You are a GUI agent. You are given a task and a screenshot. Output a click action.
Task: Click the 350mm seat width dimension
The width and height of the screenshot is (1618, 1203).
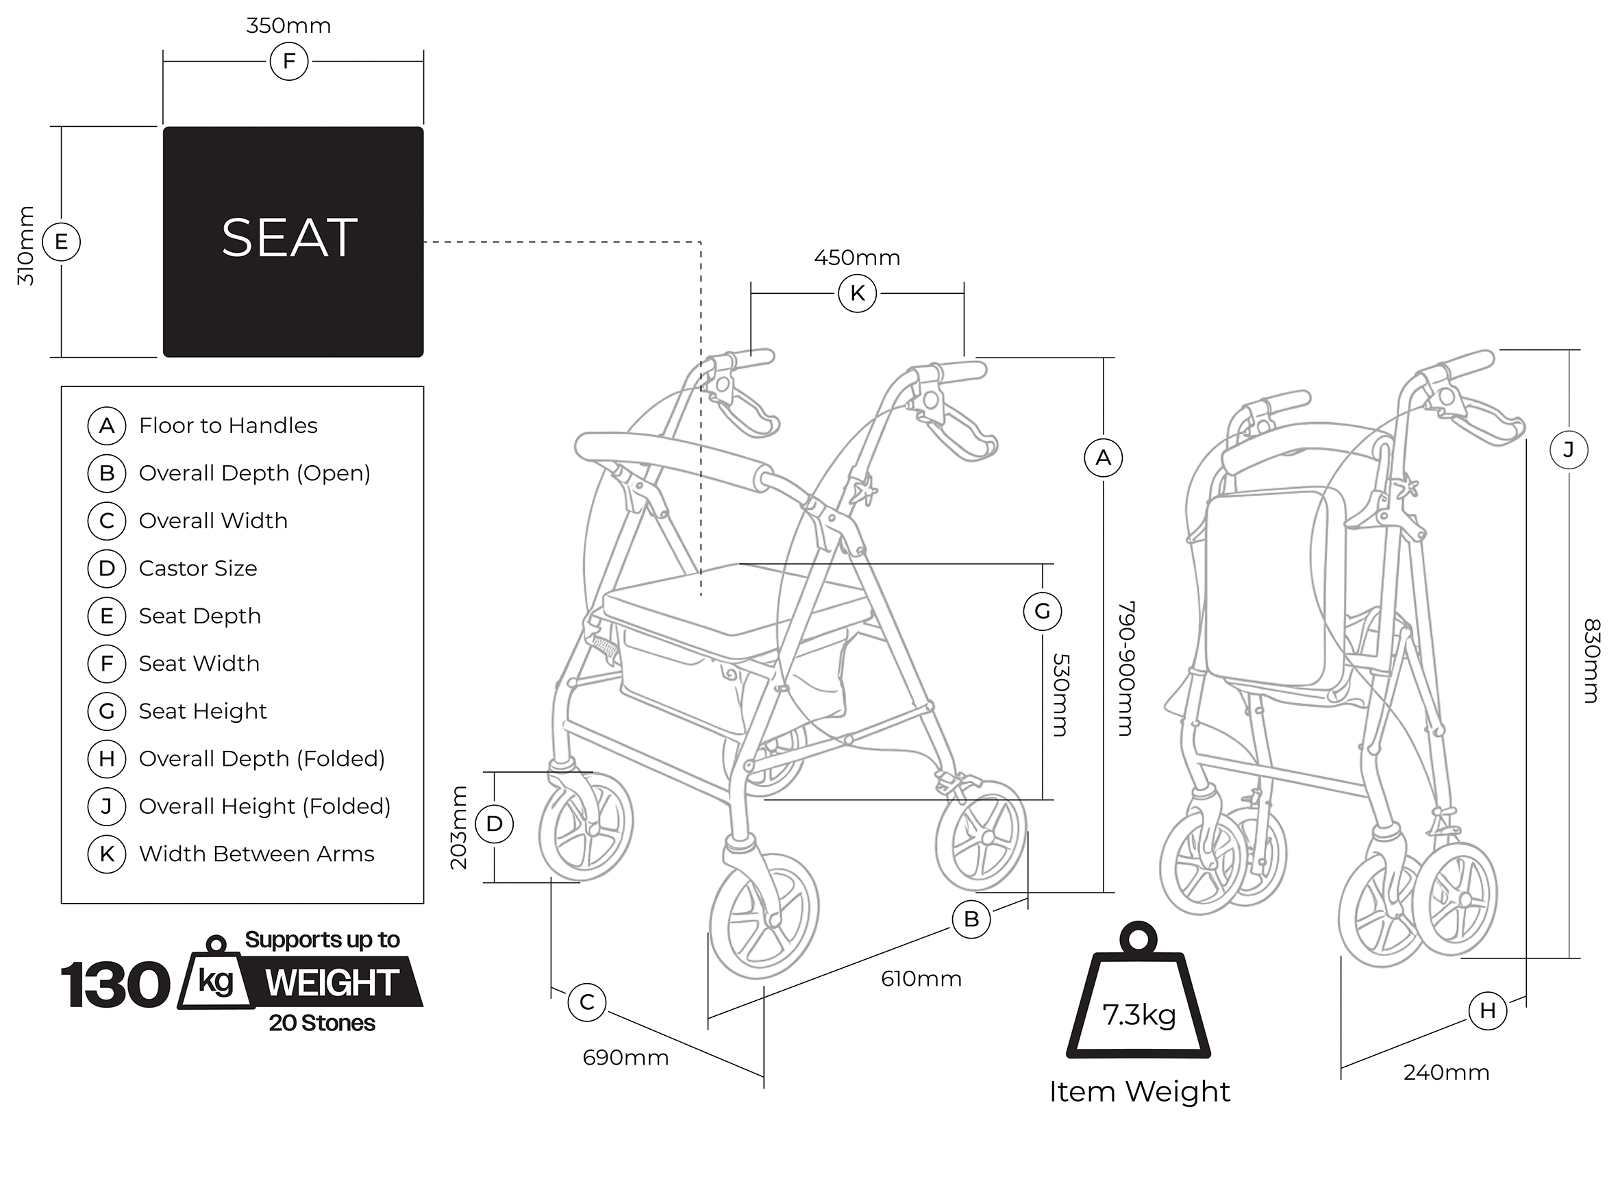288,26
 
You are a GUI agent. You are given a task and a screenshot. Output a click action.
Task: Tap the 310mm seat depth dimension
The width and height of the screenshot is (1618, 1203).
26,245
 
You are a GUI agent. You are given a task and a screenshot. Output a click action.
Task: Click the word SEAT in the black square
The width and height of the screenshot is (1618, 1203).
289,238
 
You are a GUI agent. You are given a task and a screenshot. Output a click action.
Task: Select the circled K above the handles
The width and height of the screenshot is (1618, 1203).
857,293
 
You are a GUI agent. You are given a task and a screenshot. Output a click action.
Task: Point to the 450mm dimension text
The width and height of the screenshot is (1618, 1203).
857,258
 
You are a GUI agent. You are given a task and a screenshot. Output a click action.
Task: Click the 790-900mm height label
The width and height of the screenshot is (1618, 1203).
1125,668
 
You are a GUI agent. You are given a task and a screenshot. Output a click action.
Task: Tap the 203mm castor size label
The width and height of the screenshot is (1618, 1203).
458,828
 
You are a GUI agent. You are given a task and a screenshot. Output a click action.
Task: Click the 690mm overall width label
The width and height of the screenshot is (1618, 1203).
625,1057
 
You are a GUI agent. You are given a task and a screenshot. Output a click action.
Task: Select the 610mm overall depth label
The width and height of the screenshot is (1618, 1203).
921,979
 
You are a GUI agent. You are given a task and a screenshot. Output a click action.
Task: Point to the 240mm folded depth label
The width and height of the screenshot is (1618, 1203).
1446,1073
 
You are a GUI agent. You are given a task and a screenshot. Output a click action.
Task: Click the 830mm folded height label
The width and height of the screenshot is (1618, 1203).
1592,660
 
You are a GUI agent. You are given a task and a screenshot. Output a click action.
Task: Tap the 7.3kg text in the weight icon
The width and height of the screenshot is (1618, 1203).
1139,1015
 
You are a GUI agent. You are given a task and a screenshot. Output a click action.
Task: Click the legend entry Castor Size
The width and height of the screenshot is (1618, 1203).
198,568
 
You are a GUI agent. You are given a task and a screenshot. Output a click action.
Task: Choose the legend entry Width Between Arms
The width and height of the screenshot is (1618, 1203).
256,854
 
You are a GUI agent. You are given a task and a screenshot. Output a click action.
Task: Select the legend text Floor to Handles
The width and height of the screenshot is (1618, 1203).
228,425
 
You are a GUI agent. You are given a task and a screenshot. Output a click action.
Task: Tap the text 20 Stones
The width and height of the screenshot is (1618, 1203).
322,1023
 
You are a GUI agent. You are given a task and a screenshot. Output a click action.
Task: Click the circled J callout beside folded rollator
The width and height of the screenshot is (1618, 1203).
1569,450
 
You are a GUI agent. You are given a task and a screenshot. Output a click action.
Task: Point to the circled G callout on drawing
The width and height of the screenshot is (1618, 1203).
1042,611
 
